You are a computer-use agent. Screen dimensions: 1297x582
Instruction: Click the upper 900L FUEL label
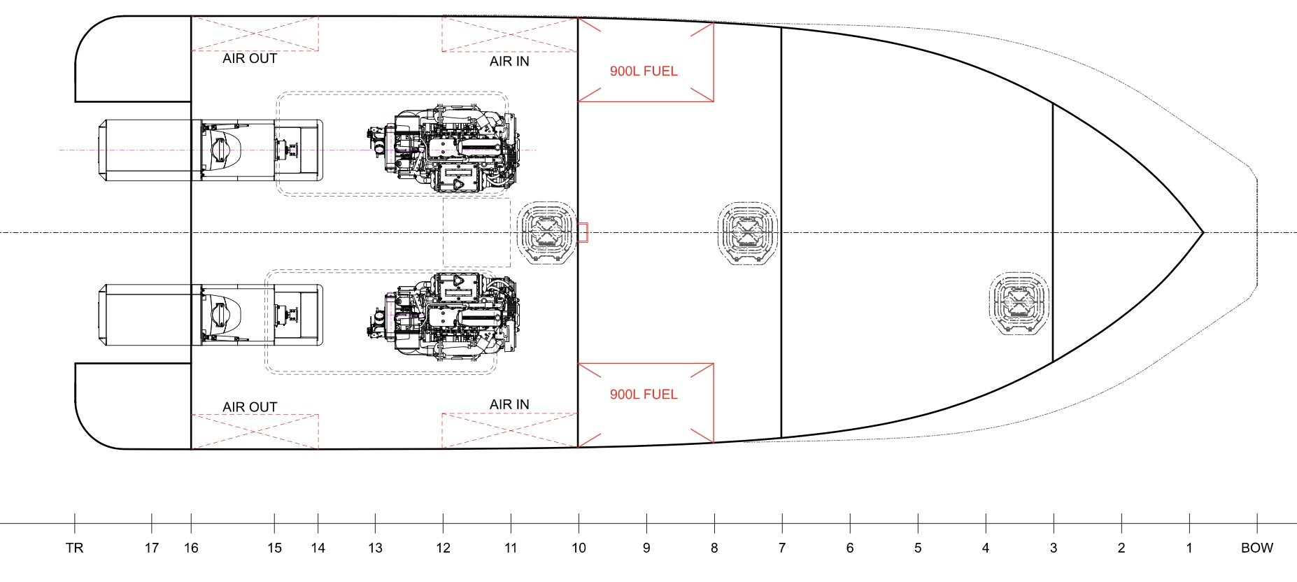tap(644, 71)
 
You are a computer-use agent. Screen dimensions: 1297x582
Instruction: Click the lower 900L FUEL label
tap(644, 395)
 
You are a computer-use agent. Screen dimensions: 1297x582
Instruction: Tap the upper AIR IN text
tap(509, 62)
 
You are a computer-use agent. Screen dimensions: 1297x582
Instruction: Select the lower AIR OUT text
tap(250, 407)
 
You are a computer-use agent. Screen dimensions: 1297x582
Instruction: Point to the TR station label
tap(75, 548)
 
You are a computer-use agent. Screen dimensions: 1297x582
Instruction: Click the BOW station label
tap(1257, 548)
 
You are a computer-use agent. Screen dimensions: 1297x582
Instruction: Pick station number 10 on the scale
tap(579, 548)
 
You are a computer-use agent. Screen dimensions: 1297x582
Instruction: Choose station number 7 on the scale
tap(782, 548)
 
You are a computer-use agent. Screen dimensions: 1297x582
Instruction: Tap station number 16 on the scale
tap(191, 548)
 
